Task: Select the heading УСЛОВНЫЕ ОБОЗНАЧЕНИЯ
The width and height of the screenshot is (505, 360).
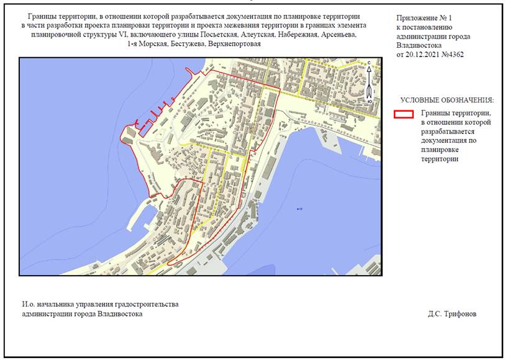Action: tap(447, 100)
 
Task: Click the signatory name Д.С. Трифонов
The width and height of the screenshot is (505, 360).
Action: tap(452, 314)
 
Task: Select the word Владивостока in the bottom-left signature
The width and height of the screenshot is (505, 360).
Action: tap(121, 314)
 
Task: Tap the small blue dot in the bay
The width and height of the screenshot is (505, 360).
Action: tap(299, 209)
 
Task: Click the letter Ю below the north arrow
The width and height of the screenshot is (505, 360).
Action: tap(370, 101)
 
